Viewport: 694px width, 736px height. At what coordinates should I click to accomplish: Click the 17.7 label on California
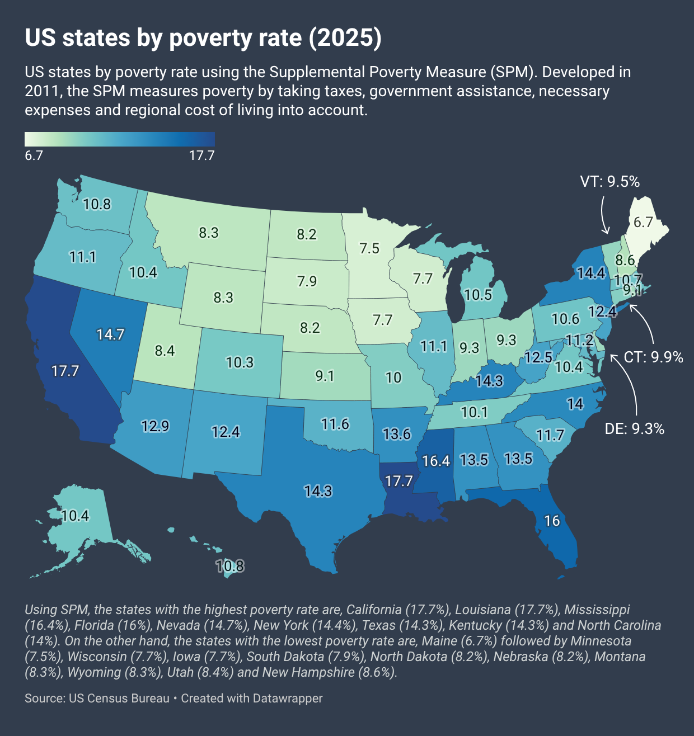tap(65, 371)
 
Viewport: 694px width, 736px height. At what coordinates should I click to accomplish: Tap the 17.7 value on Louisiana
tap(398, 481)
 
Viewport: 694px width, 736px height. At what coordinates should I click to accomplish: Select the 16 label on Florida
tap(552, 521)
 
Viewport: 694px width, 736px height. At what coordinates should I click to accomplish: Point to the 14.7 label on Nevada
tap(110, 334)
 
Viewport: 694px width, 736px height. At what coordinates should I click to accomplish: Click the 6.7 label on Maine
tap(643, 222)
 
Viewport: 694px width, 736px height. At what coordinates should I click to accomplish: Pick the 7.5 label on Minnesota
tap(369, 248)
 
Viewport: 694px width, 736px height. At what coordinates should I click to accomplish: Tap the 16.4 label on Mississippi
tap(436, 461)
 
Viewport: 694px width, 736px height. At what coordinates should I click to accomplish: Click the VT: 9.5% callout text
tap(609, 181)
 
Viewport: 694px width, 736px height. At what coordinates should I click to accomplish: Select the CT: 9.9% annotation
tap(653, 357)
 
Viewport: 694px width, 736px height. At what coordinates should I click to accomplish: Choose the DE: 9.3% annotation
tap(635, 429)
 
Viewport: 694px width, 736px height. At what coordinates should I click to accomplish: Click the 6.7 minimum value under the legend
tap(34, 155)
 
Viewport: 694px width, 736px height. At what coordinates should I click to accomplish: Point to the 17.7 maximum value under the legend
tap(201, 155)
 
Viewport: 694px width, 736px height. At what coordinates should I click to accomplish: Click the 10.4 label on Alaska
tap(75, 515)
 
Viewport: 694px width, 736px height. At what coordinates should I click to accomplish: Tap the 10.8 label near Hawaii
tap(230, 566)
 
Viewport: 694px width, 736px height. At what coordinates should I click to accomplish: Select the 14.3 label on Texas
tap(318, 491)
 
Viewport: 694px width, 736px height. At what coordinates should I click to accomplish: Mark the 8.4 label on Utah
tap(165, 351)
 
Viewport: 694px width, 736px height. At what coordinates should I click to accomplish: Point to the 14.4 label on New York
tap(591, 272)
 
